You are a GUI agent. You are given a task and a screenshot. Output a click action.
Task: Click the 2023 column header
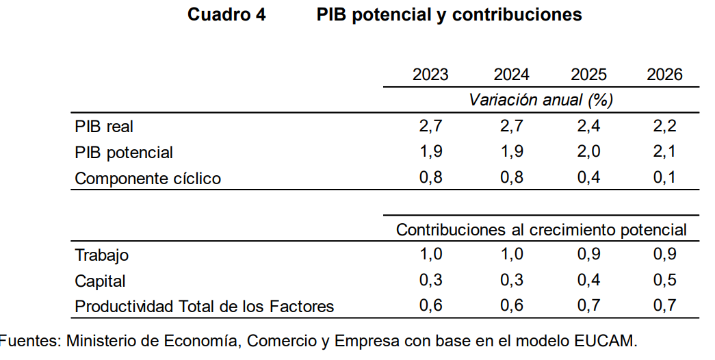(430, 75)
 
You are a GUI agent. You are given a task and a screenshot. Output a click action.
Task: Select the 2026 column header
(664, 75)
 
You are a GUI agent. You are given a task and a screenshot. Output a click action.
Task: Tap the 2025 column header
(588, 75)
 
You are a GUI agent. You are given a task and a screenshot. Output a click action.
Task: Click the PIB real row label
(104, 127)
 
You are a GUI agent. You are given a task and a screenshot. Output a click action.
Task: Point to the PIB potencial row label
(124, 153)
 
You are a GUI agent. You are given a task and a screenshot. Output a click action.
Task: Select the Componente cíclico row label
(148, 179)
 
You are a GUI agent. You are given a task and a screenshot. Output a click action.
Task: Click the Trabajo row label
(102, 255)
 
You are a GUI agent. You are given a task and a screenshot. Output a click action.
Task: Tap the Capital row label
(101, 281)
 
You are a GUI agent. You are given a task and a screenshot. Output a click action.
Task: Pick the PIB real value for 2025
(588, 127)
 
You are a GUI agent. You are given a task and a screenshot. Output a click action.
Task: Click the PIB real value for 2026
(664, 127)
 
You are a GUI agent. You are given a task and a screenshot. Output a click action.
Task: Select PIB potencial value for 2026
(664, 152)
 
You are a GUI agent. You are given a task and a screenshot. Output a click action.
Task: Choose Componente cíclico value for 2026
(664, 178)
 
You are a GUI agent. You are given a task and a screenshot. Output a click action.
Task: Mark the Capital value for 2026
(664, 280)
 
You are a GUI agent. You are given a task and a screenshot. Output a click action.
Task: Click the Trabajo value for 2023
(430, 255)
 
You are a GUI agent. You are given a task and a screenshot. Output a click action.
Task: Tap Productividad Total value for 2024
(511, 306)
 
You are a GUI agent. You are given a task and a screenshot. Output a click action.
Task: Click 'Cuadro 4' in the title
(226, 14)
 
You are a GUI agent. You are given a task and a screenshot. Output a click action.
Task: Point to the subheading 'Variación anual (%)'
(541, 100)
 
